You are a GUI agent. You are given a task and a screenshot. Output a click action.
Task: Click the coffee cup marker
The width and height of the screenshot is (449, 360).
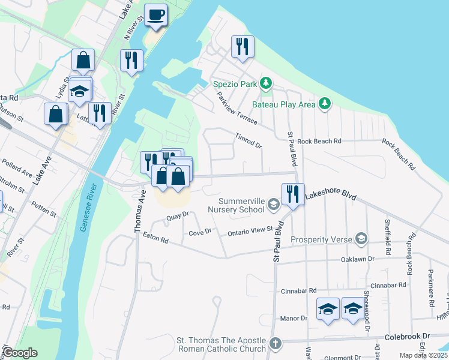[x=155, y=15]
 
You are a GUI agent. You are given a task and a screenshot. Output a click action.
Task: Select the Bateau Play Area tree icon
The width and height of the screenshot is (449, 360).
[x=325, y=104]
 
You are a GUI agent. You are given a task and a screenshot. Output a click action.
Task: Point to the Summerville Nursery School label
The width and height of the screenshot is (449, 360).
[x=236, y=205]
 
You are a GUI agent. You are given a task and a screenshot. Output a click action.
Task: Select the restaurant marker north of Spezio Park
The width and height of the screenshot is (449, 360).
[x=243, y=46]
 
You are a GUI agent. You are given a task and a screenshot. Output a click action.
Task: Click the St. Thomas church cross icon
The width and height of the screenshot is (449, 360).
[x=275, y=344]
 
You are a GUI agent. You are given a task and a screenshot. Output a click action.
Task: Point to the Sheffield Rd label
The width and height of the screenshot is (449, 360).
[x=387, y=235]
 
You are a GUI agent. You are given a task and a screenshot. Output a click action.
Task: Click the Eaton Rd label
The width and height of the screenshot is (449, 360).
[x=155, y=239]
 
